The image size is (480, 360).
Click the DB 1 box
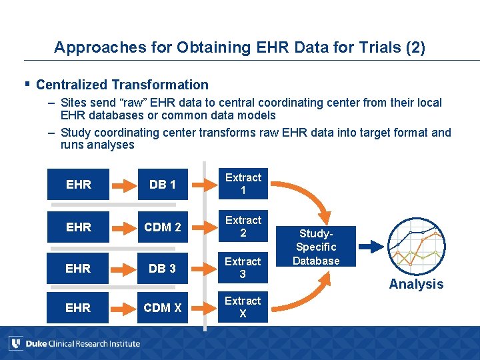163,185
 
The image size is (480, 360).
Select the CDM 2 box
163,227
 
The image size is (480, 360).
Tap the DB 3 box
163,268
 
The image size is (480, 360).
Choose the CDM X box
163,307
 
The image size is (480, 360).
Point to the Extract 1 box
243,184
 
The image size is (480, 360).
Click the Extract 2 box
243,227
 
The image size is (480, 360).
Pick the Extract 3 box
243,268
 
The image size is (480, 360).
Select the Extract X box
243,307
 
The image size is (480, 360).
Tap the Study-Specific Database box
316,247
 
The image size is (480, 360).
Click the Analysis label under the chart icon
416,284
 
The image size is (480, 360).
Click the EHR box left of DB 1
79,185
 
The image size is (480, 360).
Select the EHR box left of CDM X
79,307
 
